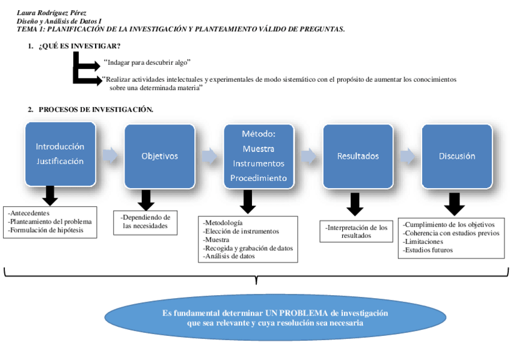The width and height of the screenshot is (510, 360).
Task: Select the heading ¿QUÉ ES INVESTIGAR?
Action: tap(79, 46)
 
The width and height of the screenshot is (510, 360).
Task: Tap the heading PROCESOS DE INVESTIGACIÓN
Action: tap(96, 109)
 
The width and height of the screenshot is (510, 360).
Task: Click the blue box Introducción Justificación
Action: tap(60, 154)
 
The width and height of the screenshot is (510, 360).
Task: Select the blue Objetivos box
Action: tap(159, 156)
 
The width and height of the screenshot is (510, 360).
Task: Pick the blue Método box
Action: tap(259, 156)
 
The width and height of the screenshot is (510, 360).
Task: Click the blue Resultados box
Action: tap(358, 156)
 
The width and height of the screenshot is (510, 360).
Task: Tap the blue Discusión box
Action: tap(457, 156)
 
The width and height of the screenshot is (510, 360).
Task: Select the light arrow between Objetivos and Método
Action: tap(208, 156)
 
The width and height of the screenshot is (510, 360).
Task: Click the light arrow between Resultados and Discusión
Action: tap(407, 156)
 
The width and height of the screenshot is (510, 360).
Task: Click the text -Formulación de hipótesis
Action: tap(46, 230)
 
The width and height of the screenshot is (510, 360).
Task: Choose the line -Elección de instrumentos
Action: tap(241, 231)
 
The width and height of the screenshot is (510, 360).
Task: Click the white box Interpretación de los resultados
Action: tap(357, 232)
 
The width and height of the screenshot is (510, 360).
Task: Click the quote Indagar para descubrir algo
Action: tap(147, 62)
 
